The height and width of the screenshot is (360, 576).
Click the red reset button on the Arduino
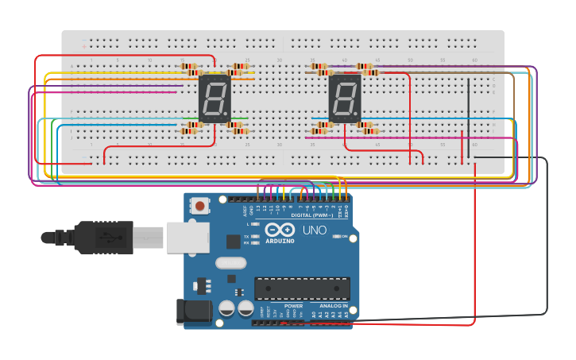(x=200, y=206)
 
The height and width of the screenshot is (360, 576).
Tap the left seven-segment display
(x=215, y=99)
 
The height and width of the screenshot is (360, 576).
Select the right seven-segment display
(x=345, y=99)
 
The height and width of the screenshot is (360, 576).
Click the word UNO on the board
(x=314, y=230)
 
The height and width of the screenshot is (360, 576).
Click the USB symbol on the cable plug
(x=103, y=237)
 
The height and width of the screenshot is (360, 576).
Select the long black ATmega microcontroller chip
(x=302, y=288)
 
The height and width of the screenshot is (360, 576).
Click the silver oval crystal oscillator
(x=230, y=263)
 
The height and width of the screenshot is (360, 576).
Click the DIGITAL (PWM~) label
(x=311, y=215)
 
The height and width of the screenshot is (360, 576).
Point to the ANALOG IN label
(x=333, y=305)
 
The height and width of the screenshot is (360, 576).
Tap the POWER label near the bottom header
(x=293, y=305)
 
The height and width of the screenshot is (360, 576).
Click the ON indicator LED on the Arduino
(x=338, y=236)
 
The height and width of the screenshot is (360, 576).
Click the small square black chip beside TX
(x=233, y=242)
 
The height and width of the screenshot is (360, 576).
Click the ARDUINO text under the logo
(x=280, y=241)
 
